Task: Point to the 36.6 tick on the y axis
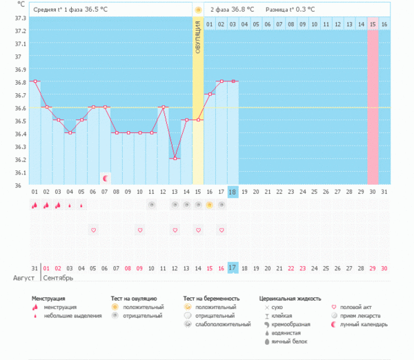[20, 108]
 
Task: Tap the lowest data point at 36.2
[175, 159]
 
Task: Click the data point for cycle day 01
[34, 81]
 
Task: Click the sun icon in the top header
[198, 10]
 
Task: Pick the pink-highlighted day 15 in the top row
[373, 24]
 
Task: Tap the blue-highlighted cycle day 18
[233, 192]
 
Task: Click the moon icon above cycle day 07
[105, 178]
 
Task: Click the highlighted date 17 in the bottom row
[233, 268]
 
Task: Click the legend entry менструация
[59, 306]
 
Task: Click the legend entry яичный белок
[288, 341]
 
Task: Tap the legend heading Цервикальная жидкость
[290, 299]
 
